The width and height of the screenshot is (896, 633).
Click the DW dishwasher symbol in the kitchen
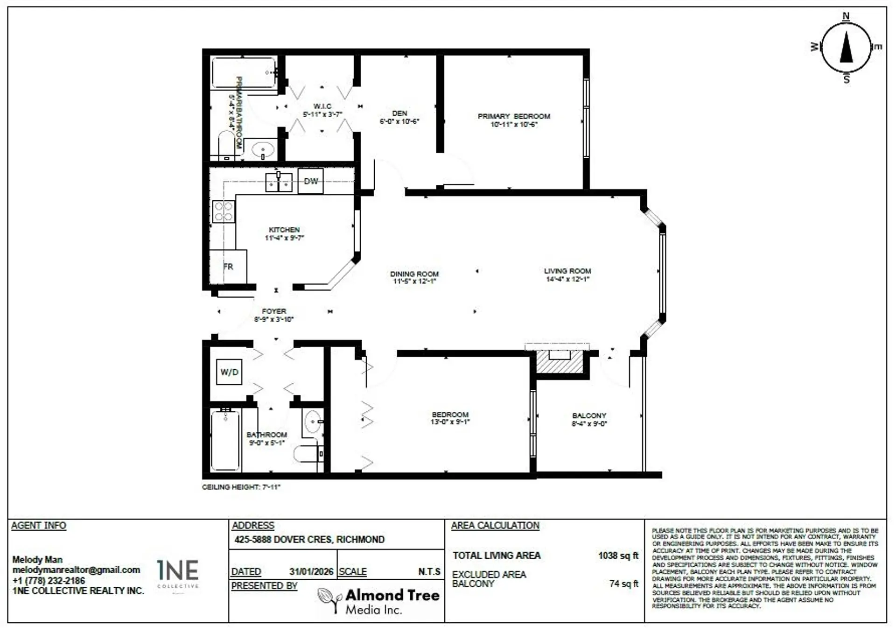[x=310, y=181]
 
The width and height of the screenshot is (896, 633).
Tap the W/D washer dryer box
[x=229, y=372]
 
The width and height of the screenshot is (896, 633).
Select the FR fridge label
[x=228, y=267]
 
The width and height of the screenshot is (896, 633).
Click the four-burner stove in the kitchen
[x=223, y=211]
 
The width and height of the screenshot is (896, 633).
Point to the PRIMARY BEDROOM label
[x=513, y=116]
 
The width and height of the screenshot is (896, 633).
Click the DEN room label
[x=399, y=113]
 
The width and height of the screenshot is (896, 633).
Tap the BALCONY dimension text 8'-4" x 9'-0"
[x=589, y=424]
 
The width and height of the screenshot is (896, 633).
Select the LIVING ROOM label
[x=567, y=271]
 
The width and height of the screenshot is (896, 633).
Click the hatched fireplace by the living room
[x=560, y=362]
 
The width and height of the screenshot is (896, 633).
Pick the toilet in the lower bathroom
[x=308, y=453]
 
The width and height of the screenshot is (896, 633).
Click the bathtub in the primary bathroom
[x=243, y=72]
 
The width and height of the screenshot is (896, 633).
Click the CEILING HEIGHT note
[x=241, y=487]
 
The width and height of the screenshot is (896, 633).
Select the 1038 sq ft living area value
[x=618, y=556]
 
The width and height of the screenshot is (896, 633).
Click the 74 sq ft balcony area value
[x=623, y=584]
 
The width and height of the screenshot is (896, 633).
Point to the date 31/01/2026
[x=311, y=571]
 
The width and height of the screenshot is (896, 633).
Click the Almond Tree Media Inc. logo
[x=378, y=601]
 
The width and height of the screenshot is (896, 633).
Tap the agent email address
[x=76, y=570]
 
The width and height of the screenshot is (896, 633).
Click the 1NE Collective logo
[x=178, y=574]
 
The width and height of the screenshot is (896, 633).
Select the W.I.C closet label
[x=322, y=106]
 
